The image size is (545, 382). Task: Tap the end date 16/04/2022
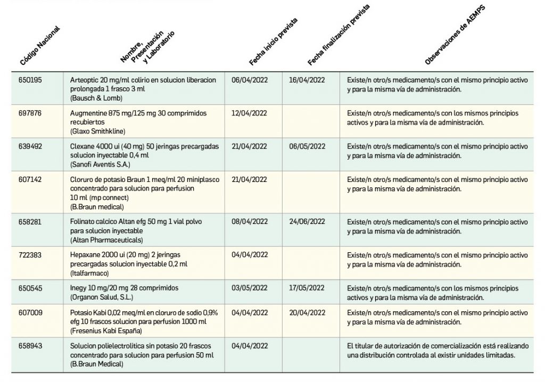point(307,80)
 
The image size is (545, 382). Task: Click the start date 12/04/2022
point(250,113)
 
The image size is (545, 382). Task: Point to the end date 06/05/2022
point(307,146)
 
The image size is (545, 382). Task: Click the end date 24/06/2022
point(307,221)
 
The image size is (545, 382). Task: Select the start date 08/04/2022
point(250,221)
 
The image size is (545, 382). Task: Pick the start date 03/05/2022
point(250,288)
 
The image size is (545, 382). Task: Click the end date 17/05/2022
point(307,288)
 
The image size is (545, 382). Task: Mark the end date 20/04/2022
point(307,312)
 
